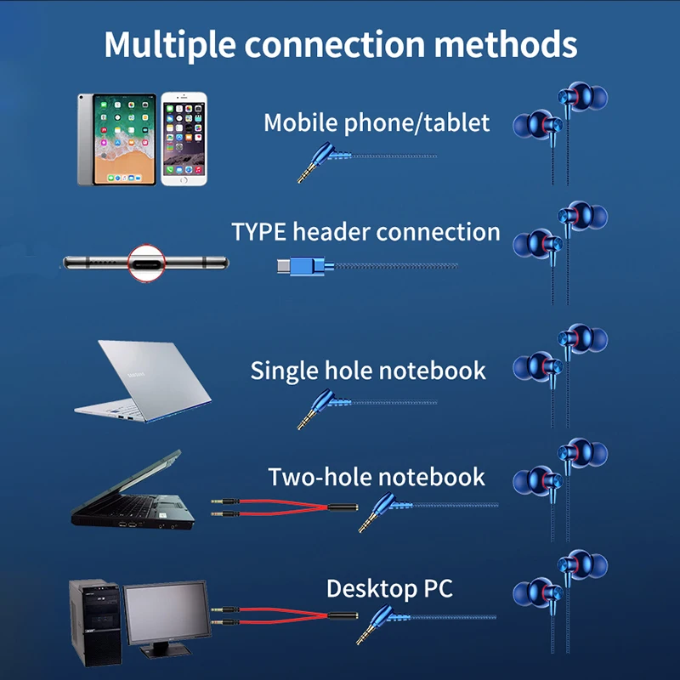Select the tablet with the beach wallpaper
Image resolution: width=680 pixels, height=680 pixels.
click(x=116, y=138)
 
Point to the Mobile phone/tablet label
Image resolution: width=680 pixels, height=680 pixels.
click(x=377, y=122)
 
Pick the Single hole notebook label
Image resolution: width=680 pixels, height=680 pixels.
click(x=368, y=371)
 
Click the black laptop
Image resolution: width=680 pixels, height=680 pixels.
click(x=132, y=497)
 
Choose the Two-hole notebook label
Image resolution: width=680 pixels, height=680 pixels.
click(x=377, y=477)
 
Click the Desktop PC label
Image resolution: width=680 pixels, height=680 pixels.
click(x=389, y=588)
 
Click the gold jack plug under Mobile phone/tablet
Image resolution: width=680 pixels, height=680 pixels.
click(x=306, y=173)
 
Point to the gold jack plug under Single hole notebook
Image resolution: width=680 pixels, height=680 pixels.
click(x=306, y=420)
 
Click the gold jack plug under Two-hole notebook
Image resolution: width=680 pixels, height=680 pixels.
click(x=366, y=524)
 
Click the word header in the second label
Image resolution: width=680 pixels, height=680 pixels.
click(x=331, y=232)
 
